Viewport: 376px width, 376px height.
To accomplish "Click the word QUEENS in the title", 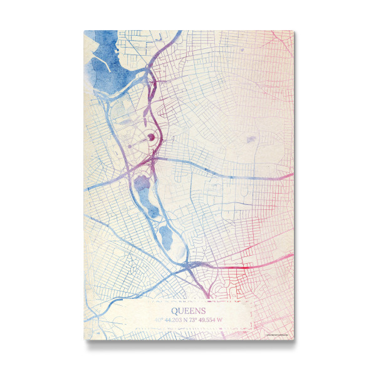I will pyautogui.click(x=188, y=310).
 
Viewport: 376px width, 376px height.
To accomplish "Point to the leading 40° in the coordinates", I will pyautogui.click(x=159, y=320).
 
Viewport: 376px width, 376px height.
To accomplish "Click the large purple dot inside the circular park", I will pyautogui.click(x=151, y=136).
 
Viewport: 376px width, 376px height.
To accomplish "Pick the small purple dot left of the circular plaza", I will pyautogui.click(x=131, y=146).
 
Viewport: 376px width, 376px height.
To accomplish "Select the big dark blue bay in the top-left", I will pyautogui.click(x=113, y=63).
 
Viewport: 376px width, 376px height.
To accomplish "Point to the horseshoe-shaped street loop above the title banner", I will pyautogui.click(x=219, y=290).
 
